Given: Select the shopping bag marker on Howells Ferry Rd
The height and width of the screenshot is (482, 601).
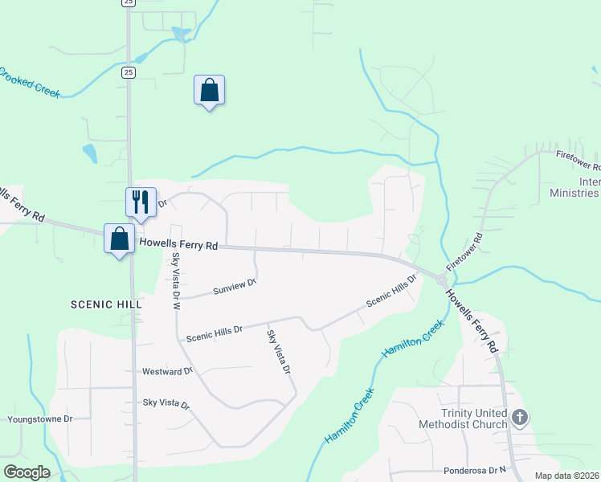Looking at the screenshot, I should pyautogui.click(x=119, y=239).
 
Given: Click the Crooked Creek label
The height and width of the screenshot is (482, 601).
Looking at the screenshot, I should pyautogui.click(x=30, y=81).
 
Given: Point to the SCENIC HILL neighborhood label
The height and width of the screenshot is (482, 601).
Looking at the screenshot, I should pyautogui.click(x=106, y=304).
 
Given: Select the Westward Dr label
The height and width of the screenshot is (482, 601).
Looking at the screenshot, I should pyautogui.click(x=167, y=372).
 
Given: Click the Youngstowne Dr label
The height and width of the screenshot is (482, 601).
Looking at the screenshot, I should pyautogui.click(x=39, y=419).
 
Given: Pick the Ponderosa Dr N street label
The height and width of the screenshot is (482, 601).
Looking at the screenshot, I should pyautogui.click(x=477, y=470).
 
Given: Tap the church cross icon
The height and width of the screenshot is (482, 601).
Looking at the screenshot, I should pyautogui.click(x=520, y=417).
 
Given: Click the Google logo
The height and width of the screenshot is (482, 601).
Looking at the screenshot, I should pyautogui.click(x=27, y=472).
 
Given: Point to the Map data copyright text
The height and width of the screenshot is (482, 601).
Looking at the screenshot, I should pyautogui.click(x=567, y=476).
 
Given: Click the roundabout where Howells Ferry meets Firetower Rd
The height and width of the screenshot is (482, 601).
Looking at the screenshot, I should pyautogui.click(x=441, y=278).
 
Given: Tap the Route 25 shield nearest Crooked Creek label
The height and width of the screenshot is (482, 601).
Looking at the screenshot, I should pyautogui.click(x=129, y=72).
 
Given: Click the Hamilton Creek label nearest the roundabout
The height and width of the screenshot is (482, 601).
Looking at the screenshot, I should pyautogui.click(x=412, y=341).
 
